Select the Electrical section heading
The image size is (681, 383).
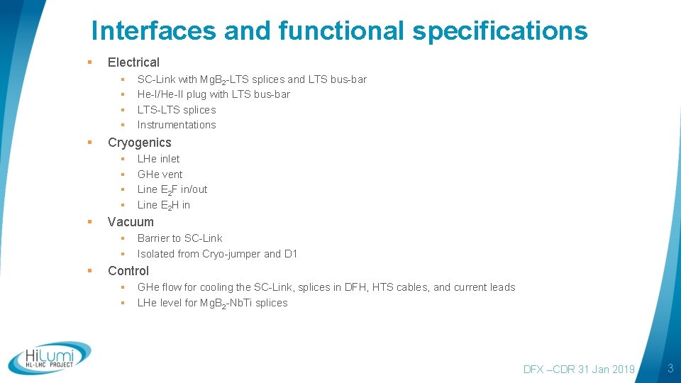(133, 62)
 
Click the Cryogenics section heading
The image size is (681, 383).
(139, 143)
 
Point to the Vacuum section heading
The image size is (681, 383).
(131, 222)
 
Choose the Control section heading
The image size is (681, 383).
(128, 271)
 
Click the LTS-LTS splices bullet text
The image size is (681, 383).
(177, 110)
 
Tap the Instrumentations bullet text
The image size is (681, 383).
(177, 125)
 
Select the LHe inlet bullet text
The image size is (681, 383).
(158, 159)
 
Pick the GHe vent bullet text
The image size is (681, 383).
(160, 174)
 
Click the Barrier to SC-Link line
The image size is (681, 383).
(179, 238)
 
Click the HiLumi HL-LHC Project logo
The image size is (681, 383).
(50, 358)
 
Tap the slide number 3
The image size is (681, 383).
(669, 368)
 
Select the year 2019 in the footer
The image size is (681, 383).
(622, 370)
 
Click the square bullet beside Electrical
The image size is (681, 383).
(90, 62)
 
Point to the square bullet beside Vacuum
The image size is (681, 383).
(90, 222)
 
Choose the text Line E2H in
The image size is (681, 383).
(164, 205)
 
